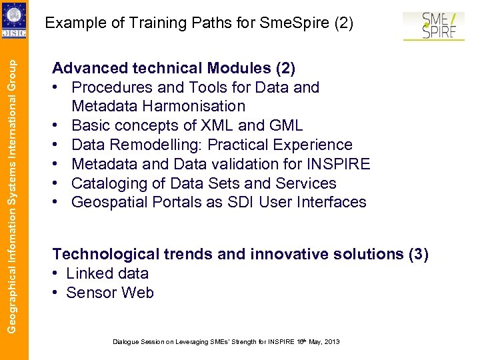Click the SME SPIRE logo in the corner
[x=434, y=25]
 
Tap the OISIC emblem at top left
[x=14, y=20]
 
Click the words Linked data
[x=107, y=273]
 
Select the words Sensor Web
[x=110, y=293]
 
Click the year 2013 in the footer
[x=331, y=341]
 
